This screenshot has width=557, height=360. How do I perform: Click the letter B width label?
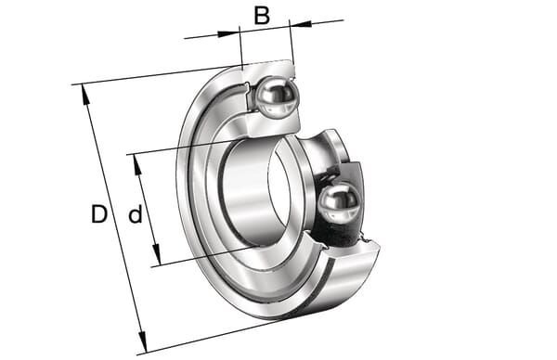(x=262, y=16)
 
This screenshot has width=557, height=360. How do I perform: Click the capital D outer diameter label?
(x=99, y=214)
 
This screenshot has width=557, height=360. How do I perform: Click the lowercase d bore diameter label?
(x=136, y=214)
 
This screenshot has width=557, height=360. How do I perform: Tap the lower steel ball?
(x=339, y=203)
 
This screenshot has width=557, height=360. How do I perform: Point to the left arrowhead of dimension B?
(x=227, y=33)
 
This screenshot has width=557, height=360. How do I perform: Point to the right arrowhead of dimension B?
(x=301, y=24)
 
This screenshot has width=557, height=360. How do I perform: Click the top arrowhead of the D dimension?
(x=84, y=95)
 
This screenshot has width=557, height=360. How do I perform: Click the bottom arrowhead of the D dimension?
(x=142, y=341)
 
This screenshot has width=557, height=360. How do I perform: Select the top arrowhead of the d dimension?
(x=137, y=164)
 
